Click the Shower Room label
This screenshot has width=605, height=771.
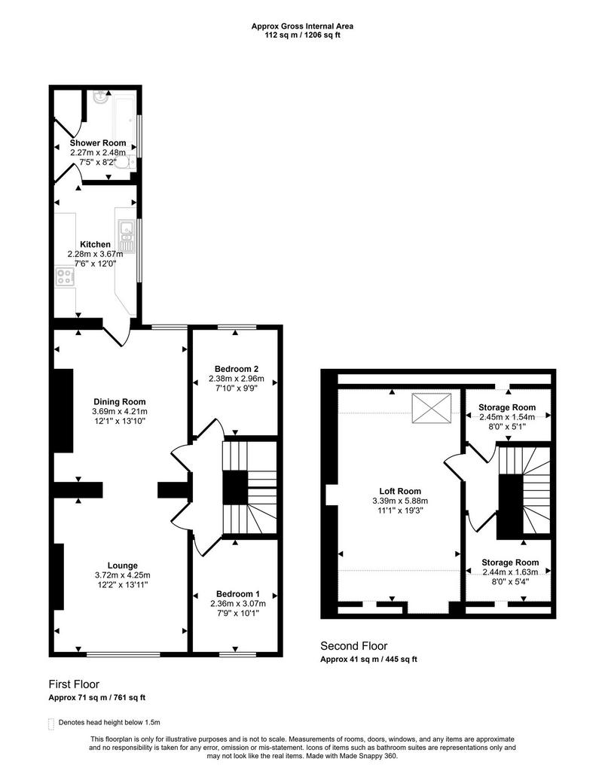tap(98, 143)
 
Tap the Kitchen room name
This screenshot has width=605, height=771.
tap(96, 245)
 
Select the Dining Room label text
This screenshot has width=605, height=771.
tap(120, 402)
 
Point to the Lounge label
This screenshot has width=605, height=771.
tap(123, 565)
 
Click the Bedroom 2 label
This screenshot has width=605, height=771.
tap(237, 369)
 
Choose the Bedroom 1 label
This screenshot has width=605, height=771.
tap(238, 594)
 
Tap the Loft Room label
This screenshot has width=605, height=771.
tap(400, 491)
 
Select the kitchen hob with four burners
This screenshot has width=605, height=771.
tap(65, 276)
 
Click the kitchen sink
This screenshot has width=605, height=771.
tap(127, 236)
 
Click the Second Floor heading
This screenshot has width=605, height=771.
tap(354, 645)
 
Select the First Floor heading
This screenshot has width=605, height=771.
tap(74, 684)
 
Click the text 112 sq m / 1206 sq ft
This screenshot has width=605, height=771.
tap(303, 35)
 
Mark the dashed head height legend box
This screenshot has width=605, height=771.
tap(51, 724)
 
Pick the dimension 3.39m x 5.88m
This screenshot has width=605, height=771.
tap(400, 501)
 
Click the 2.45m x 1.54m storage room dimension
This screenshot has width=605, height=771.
tap(507, 417)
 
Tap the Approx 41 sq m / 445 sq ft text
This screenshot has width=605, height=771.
tap(368, 660)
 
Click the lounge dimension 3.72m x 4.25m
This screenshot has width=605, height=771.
tap(123, 574)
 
